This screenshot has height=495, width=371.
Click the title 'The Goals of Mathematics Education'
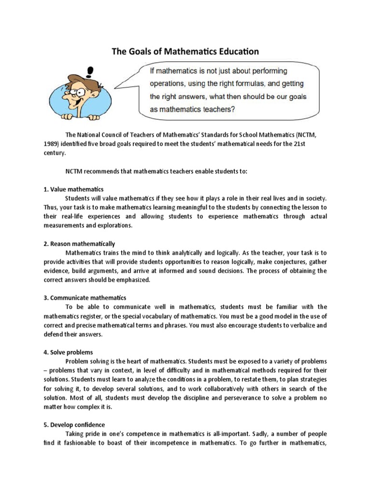[185, 51]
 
